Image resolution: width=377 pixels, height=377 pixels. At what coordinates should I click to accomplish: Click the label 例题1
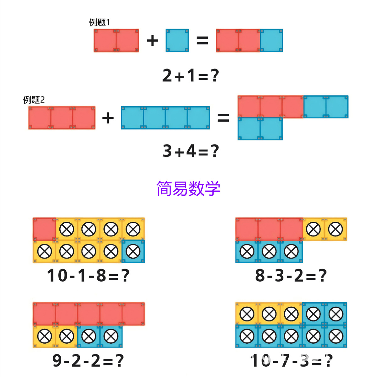coord(99,22)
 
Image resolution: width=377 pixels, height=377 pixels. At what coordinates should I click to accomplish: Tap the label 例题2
coord(34,100)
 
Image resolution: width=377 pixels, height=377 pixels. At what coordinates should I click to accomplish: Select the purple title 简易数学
coord(188,188)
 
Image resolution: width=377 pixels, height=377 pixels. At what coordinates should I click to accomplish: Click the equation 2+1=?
coord(190,76)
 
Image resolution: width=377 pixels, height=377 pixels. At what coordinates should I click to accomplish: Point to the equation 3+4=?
coord(191,151)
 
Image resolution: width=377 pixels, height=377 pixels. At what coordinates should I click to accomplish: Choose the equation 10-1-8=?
coord(88,276)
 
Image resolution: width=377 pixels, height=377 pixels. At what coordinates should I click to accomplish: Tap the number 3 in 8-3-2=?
coord(279,276)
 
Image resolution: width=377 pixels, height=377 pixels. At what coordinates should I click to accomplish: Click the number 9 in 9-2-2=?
coord(57,360)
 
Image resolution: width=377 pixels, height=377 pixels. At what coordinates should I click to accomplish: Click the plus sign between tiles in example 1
coord(153,41)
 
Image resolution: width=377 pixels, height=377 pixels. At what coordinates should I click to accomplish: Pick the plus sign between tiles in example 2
coord(108,118)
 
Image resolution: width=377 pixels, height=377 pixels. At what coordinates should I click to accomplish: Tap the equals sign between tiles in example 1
coord(202,41)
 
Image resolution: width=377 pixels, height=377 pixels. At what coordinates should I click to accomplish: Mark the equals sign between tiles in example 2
coord(223,118)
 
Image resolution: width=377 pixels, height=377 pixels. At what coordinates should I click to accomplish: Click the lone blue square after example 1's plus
coord(177,41)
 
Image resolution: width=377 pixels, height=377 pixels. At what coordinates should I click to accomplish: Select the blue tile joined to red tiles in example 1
coord(271,41)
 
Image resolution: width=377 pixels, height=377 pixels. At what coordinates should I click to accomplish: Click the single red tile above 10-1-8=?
coord(44,229)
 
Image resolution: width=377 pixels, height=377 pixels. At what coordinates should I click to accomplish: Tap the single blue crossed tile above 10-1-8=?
coord(133,251)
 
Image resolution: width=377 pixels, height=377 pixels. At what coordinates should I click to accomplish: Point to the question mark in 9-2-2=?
coord(120,360)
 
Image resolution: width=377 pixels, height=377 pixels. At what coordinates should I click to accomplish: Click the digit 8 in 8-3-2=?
coord(260,276)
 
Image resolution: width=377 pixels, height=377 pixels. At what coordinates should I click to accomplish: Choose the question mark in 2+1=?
coord(215,76)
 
